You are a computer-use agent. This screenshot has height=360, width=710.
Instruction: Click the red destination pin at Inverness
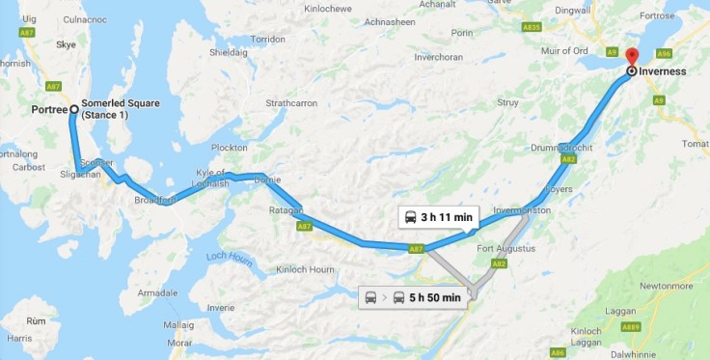632,55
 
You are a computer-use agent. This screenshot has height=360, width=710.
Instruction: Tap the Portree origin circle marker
73,109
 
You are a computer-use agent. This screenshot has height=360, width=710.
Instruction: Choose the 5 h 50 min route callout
413,297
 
